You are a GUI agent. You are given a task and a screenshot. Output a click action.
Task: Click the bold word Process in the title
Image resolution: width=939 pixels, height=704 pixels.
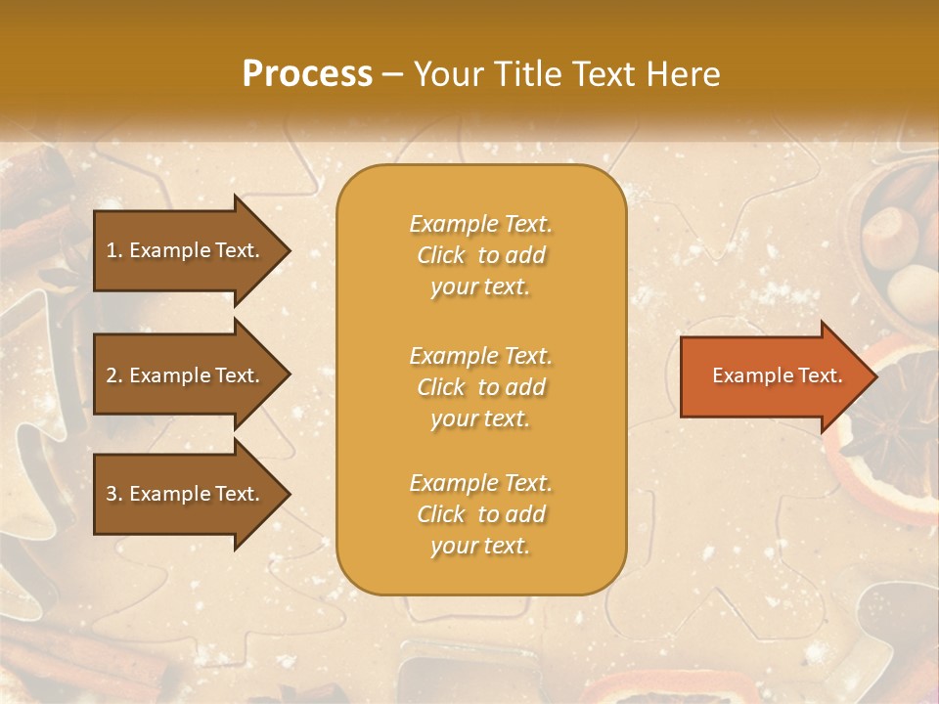(307, 74)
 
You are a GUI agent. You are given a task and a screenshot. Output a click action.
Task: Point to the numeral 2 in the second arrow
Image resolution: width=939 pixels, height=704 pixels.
(112, 375)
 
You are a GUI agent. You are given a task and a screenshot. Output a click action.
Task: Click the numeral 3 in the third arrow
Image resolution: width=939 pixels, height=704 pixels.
(112, 494)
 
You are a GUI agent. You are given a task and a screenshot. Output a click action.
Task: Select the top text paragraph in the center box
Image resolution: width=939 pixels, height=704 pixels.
(480, 255)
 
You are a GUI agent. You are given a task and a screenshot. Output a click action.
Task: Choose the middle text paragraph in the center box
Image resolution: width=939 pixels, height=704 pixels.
(480, 387)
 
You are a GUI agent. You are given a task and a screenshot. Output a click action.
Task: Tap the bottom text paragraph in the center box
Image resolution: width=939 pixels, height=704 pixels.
(480, 514)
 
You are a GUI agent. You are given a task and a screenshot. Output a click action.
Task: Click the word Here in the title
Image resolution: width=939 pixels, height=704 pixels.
(684, 74)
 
